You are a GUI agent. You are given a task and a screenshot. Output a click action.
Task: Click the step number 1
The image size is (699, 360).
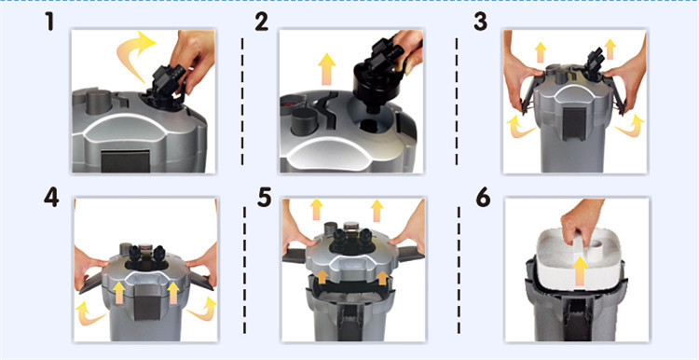tap(49, 21)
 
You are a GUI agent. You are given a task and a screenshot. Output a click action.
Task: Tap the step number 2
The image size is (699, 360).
tap(262, 22)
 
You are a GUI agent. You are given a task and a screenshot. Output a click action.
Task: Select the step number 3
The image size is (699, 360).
tap(480, 22)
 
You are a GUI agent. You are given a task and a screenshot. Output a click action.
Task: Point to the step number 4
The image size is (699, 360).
tap(51, 198)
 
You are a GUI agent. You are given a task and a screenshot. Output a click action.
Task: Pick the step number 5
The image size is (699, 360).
tap(265, 198)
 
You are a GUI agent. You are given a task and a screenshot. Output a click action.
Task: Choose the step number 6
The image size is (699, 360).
tap(483, 198)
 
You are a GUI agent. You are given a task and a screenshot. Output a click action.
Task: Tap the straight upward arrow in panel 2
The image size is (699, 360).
tap(327, 68)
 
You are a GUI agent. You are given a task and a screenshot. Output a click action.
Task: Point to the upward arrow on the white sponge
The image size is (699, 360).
tap(580, 270)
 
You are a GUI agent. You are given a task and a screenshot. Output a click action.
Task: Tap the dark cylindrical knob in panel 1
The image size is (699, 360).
tap(99, 103)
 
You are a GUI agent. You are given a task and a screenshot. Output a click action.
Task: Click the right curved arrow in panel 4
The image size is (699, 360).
tap(202, 310)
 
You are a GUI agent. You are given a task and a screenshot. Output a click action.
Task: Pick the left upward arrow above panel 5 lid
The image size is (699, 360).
tap(317, 209)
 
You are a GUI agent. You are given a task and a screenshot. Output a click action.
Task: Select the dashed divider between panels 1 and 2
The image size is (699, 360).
tap(242, 102)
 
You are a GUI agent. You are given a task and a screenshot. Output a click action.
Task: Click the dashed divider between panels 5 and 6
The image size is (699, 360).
tap(459, 270)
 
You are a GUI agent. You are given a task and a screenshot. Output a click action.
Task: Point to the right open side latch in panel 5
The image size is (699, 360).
tap(410, 255)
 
